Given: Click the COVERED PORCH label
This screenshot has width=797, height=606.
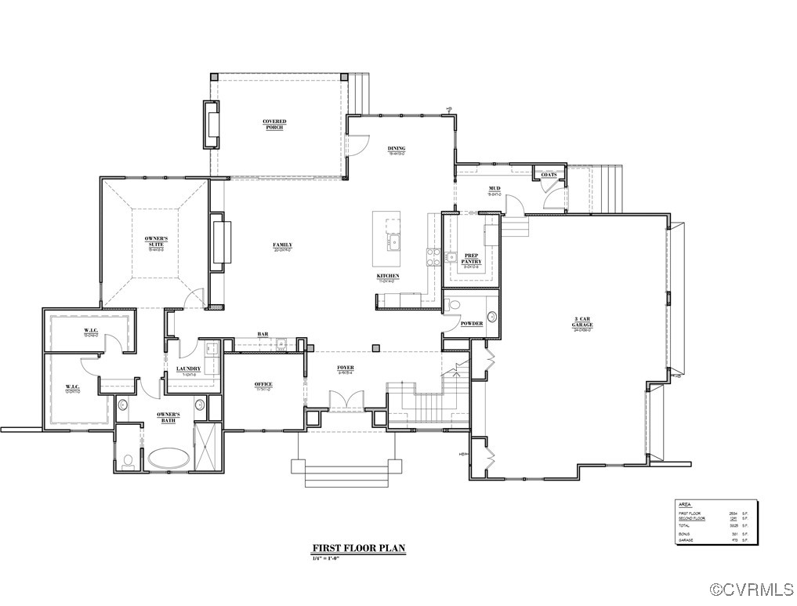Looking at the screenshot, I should (274, 124).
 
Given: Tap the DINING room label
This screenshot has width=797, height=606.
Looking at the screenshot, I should (397, 149).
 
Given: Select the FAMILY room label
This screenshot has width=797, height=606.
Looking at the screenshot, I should (282, 245).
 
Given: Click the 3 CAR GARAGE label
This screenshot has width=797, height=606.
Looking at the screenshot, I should (582, 322).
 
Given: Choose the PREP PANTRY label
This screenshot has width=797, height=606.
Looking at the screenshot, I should (471, 259).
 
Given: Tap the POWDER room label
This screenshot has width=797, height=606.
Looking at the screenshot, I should (471, 323).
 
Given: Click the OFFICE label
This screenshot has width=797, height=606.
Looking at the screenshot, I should (263, 384).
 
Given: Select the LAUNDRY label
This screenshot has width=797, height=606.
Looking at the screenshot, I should (189, 368).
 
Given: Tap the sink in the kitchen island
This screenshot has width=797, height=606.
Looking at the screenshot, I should (393, 241).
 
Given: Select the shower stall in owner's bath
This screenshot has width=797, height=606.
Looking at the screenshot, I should (207, 445).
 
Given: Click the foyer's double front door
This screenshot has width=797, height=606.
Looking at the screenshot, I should (345, 400).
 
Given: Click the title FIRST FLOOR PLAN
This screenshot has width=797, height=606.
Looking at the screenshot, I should (359, 549).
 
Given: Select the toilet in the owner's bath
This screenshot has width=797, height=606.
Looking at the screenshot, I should (128, 461).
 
